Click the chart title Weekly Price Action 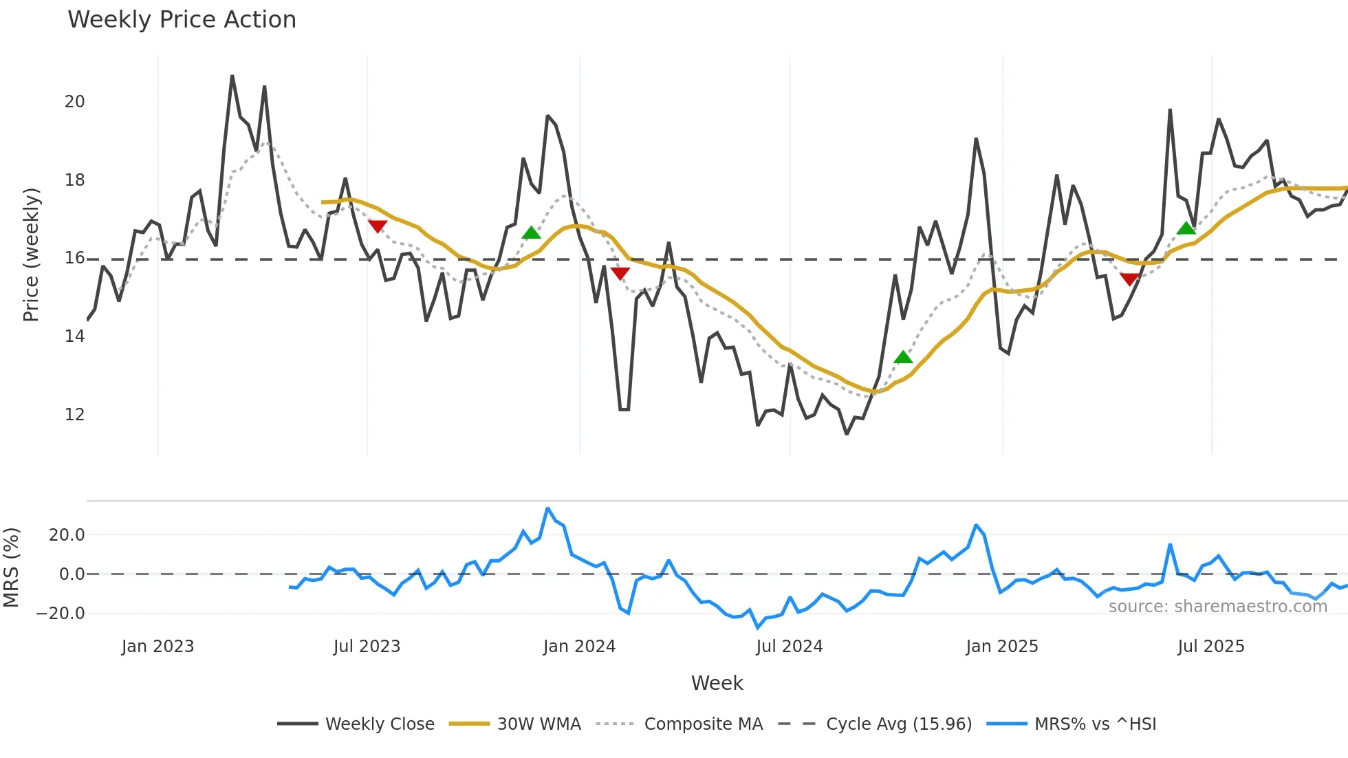coord(182,20)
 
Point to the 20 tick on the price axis coord(74,102)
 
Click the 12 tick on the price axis coord(74,415)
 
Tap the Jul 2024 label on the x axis coord(789,647)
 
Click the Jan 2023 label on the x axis coord(157,647)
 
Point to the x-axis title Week coord(717,683)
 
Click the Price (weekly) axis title coord(31,255)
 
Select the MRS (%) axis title coord(11,567)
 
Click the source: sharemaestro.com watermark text coord(1217,607)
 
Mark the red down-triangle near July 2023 coord(378,226)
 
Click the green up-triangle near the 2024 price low coord(903,357)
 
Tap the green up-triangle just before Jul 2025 coord(1186,228)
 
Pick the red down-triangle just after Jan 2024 coord(620,274)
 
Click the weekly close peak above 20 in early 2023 coord(232,76)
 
